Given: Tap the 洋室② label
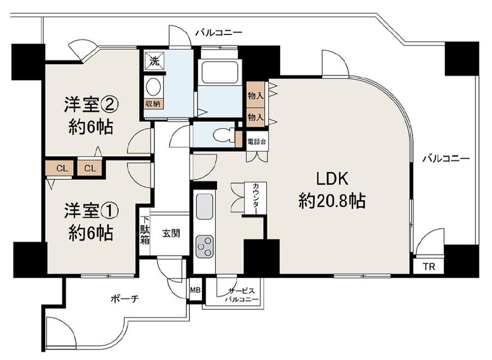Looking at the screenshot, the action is click(92, 104).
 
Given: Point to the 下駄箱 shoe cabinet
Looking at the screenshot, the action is click(145, 230).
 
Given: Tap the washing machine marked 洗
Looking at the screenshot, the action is click(154, 61).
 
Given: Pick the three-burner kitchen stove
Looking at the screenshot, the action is click(205, 246).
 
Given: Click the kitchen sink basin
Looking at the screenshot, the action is click(205, 206).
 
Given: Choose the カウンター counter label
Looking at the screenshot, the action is click(255, 198).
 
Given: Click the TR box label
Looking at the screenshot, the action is click(429, 267).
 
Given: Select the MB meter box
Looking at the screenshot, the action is click(195, 290).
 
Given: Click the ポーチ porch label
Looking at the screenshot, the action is click(125, 299).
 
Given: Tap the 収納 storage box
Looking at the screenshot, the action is click(153, 103).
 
